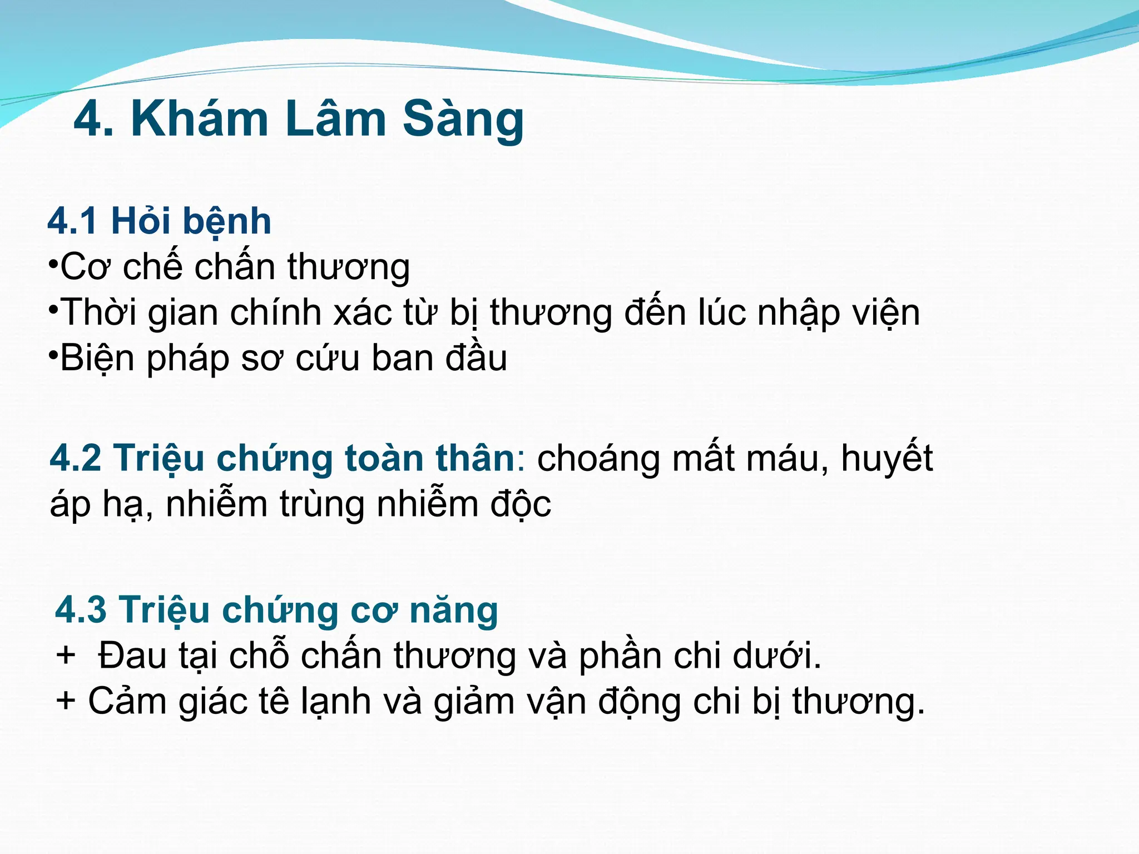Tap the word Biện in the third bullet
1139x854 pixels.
[98, 358]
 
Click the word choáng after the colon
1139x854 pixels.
[598, 459]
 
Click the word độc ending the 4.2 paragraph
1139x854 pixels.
[521, 504]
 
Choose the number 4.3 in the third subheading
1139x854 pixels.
[81, 610]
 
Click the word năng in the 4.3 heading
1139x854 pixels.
[453, 610]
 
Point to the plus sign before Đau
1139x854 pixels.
[66, 654]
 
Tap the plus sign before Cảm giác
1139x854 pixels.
[66, 700]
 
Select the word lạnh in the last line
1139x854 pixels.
[336, 701]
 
